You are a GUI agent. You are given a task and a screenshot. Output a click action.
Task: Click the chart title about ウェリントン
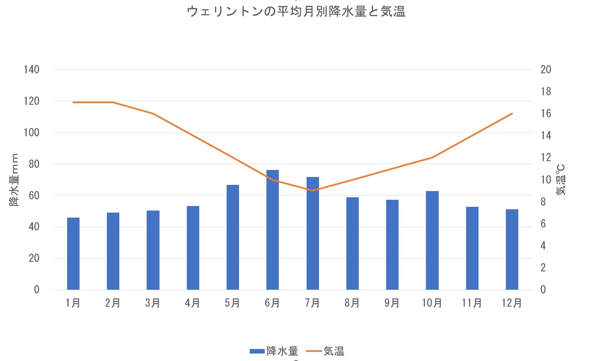[x=296, y=12]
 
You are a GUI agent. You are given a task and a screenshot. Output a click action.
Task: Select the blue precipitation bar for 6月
[x=273, y=230]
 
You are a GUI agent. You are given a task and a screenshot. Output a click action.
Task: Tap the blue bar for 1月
[x=73, y=254]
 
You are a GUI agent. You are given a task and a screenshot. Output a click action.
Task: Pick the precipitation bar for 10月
[x=432, y=240]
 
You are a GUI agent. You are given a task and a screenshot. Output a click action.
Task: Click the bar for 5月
[x=233, y=237]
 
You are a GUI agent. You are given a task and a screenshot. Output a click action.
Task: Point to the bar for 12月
[x=512, y=250]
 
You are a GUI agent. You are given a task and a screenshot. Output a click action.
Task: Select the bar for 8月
[x=353, y=243]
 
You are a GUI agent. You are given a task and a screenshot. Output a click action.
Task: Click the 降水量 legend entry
[x=274, y=351]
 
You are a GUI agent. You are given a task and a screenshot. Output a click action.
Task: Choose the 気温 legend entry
[x=326, y=351]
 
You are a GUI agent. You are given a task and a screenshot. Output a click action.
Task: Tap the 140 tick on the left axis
[x=31, y=70]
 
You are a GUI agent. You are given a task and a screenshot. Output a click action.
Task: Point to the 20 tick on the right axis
[x=546, y=70]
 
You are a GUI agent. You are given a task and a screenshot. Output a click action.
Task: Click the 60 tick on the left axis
[x=34, y=195]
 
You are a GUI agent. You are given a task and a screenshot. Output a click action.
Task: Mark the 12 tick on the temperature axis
[x=546, y=157]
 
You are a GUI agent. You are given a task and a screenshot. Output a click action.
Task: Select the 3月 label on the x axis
[x=153, y=303]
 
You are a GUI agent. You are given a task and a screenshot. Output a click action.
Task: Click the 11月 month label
[x=472, y=303]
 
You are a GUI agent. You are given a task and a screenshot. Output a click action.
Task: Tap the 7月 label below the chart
[x=312, y=303]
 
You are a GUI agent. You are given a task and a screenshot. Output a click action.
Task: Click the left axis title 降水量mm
[x=14, y=180]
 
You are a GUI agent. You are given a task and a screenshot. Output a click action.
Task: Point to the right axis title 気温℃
[x=561, y=180]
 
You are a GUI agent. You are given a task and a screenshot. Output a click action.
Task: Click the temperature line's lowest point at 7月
[x=313, y=191]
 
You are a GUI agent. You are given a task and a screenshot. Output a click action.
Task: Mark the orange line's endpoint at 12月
[x=512, y=114]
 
